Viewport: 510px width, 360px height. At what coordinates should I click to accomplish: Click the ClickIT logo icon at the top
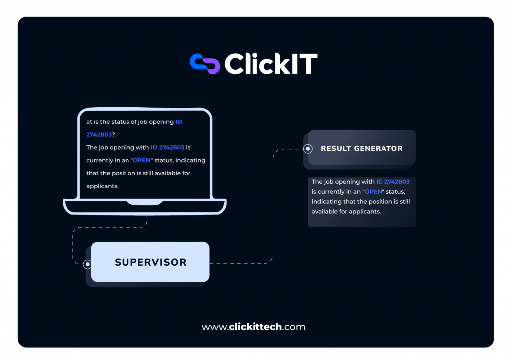[204, 64]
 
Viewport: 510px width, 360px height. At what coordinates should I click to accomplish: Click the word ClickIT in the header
[270, 64]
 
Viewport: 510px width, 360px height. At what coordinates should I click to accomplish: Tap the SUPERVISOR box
[150, 262]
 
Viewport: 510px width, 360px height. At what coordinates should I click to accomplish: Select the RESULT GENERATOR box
[362, 148]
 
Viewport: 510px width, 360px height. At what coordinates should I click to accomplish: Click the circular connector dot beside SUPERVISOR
[87, 264]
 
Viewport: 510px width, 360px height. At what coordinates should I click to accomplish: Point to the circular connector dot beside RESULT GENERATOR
[308, 148]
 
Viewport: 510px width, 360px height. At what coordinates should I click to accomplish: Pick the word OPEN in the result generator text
[374, 192]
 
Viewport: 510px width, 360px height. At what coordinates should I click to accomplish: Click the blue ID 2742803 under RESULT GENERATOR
[393, 182]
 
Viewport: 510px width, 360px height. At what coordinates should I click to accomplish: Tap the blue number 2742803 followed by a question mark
[99, 134]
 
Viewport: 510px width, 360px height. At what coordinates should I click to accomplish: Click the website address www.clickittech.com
[254, 327]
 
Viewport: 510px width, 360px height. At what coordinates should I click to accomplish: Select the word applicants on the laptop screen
[102, 186]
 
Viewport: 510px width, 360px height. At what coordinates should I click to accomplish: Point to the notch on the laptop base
[144, 203]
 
